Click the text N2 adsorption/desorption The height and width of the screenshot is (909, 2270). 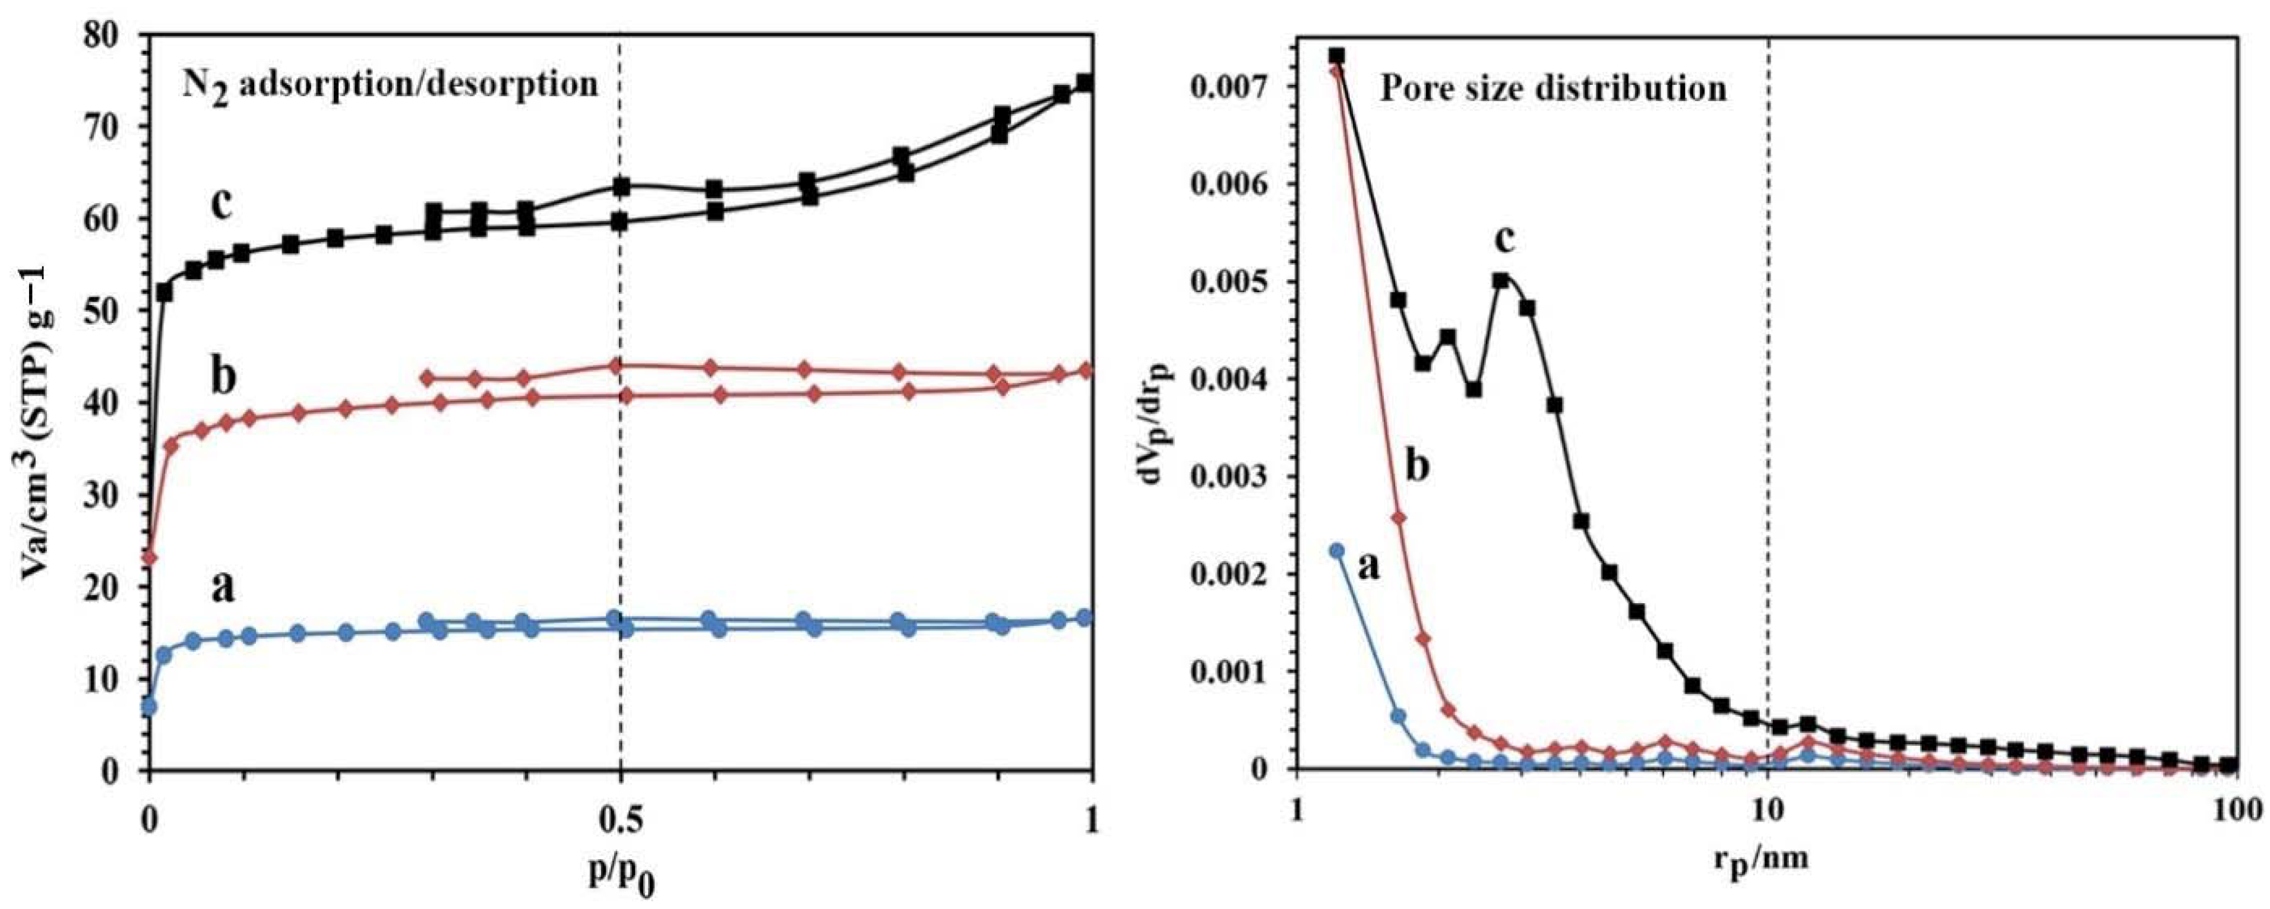tap(390, 86)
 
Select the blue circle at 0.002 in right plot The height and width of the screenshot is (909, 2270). tap(1336, 550)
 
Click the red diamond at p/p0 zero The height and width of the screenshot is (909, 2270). tap(150, 558)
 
